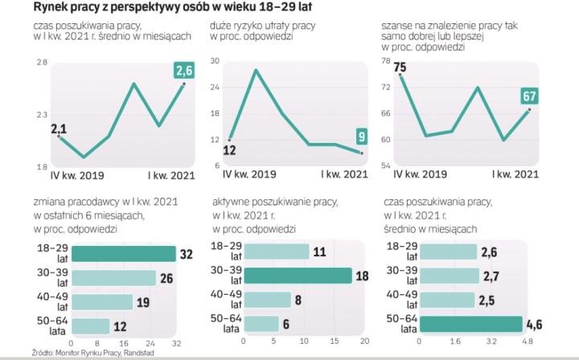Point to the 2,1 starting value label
[x=59, y=129]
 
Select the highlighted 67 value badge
[x=529, y=97]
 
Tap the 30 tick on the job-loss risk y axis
[x=216, y=61]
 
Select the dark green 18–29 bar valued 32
[x=124, y=253]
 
